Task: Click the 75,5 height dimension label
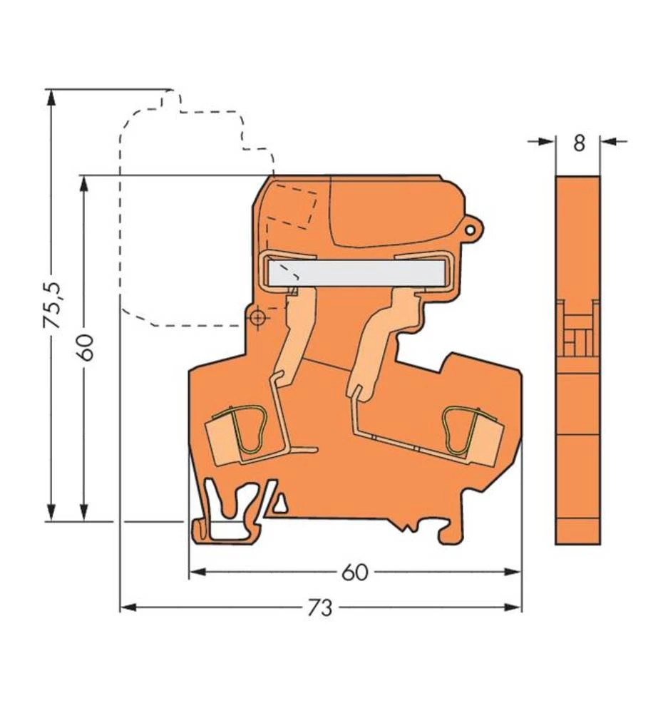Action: (52, 305)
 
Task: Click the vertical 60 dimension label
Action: (86, 347)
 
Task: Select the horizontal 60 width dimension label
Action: (354, 572)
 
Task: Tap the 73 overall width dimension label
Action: (320, 608)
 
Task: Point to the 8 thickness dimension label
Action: (578, 143)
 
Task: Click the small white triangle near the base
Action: (281, 505)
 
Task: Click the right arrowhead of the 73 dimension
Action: (514, 607)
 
